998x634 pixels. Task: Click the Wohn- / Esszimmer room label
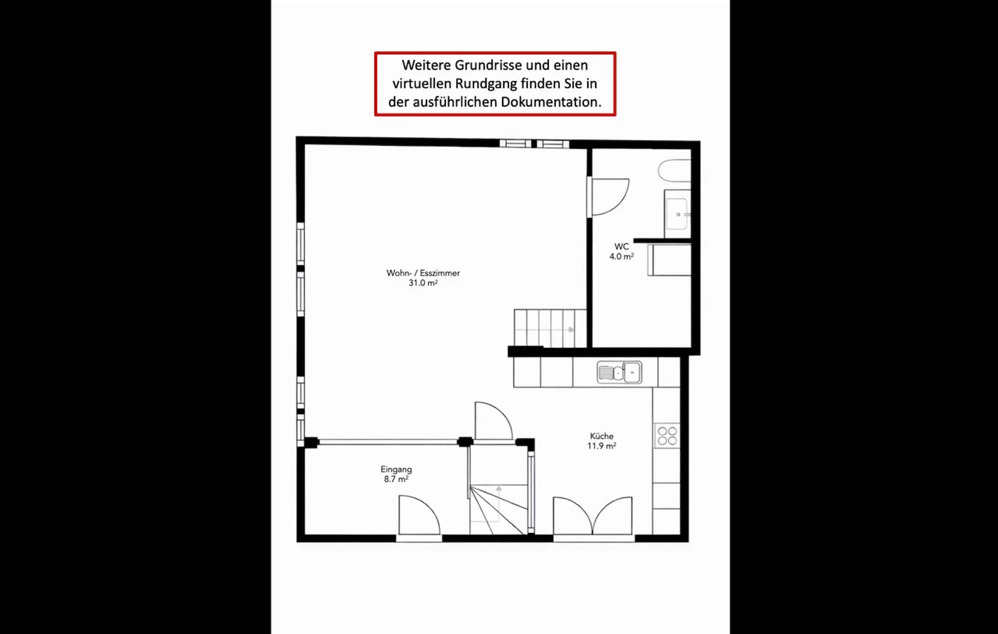click(423, 273)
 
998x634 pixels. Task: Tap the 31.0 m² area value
click(423, 283)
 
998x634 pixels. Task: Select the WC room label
click(622, 247)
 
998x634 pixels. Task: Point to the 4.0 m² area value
click(622, 256)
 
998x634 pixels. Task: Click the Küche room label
click(601, 436)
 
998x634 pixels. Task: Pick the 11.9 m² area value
click(601, 446)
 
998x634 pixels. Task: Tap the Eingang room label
click(396, 470)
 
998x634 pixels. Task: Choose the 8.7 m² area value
click(396, 479)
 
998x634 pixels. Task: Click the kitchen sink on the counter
click(619, 372)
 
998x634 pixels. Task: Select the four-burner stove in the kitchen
click(667, 436)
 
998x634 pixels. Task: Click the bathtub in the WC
click(675, 171)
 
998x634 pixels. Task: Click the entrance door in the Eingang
click(419, 515)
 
